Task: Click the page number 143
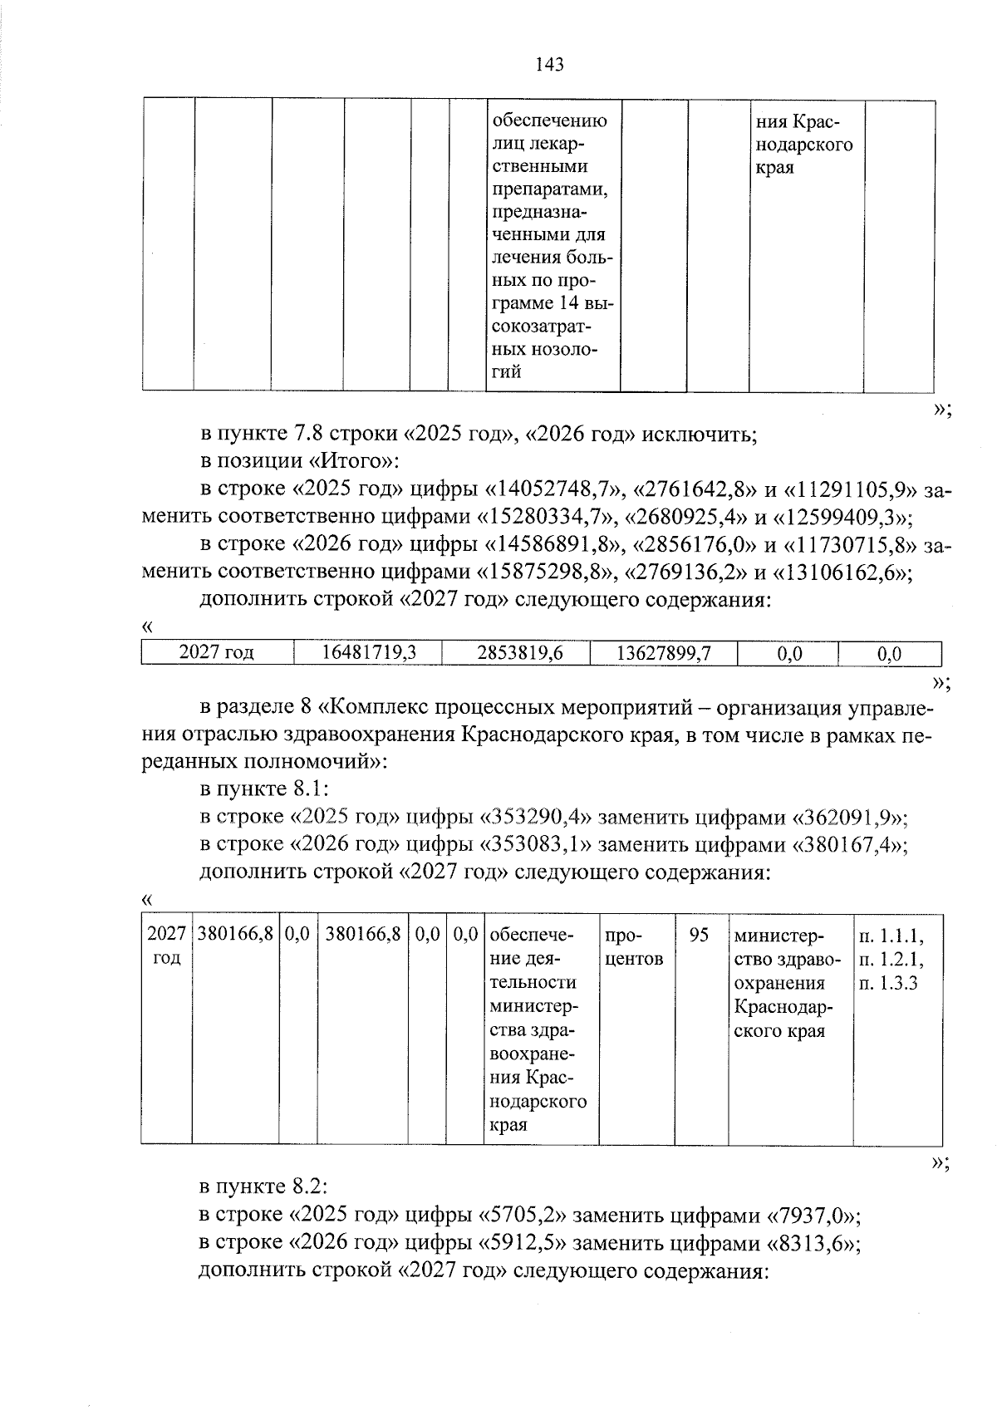(x=550, y=64)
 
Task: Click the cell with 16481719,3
(x=368, y=653)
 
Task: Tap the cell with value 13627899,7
(x=663, y=653)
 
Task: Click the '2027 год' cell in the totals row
(x=217, y=653)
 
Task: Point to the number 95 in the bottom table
(x=699, y=935)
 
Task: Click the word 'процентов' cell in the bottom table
(x=634, y=947)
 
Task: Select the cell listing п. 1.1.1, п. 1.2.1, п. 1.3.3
(x=890, y=959)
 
